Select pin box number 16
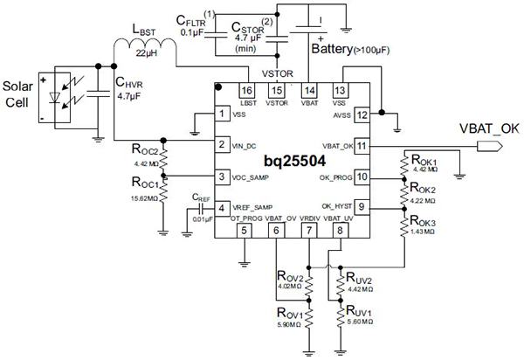247,91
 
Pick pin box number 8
339,230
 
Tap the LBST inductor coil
144,54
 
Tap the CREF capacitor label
200,197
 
